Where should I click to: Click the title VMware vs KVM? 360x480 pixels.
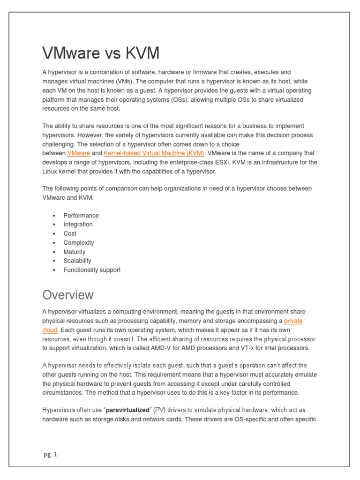click(x=101, y=53)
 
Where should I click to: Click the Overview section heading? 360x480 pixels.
click(x=68, y=295)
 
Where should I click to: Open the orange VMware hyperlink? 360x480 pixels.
click(x=79, y=153)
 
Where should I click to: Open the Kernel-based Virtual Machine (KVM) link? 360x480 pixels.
click(x=154, y=153)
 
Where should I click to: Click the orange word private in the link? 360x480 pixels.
click(x=293, y=321)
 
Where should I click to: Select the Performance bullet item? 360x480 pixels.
click(x=81, y=216)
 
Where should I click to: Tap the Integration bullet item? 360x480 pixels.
click(x=78, y=225)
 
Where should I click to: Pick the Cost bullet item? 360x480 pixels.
click(x=70, y=233)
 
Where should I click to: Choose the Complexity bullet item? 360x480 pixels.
click(x=79, y=243)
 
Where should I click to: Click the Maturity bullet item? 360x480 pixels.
click(x=75, y=252)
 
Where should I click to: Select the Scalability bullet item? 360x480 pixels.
click(x=77, y=261)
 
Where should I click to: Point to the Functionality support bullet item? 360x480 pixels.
click(x=92, y=270)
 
